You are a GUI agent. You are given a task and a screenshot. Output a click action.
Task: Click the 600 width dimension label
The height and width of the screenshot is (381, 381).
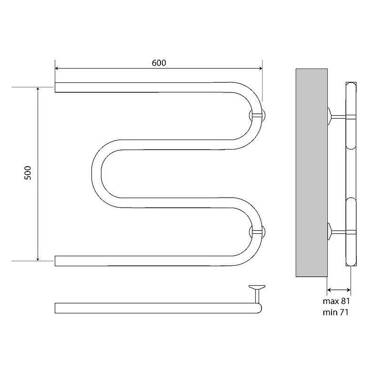tap(159, 63)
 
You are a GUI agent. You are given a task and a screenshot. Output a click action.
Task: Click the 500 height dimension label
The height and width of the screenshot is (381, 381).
tap(28, 173)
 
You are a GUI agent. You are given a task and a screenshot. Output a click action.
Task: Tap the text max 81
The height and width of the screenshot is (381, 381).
tap(336, 301)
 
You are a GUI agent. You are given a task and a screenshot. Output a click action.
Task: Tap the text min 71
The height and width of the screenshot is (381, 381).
tap(336, 312)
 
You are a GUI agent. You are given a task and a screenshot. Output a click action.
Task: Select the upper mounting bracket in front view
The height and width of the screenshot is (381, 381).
tap(257, 116)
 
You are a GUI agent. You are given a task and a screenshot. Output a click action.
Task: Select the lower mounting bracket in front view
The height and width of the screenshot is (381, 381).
tap(257, 231)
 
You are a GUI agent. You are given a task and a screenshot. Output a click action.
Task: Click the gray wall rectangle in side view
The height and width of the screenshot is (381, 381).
tap(311, 173)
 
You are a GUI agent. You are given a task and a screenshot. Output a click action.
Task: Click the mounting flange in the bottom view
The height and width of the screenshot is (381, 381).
tap(257, 288)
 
